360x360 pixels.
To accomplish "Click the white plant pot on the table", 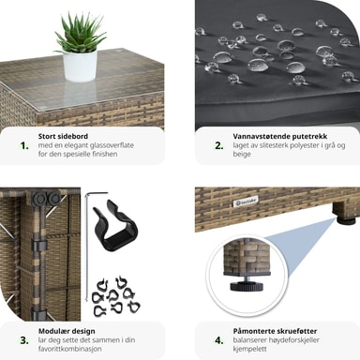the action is coord(80,67).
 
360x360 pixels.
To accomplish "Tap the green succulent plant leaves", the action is coord(79,32).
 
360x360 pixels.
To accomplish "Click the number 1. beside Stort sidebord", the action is coord(24,146).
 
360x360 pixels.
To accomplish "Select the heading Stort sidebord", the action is coord(63,136).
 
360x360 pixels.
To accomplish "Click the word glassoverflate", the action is coord(112,145).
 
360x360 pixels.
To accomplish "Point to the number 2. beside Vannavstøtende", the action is coord(219,146).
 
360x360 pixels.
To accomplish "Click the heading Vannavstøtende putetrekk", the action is coord(280,137).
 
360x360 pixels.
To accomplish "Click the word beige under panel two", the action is coord(242,154).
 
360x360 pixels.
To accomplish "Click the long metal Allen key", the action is coord(87,244).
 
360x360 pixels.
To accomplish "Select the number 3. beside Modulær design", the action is coord(24,340).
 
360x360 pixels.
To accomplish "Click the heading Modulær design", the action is coord(67,331).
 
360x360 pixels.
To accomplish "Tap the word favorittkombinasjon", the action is coord(70,349).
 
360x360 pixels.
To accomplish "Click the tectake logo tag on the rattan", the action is coord(246,202).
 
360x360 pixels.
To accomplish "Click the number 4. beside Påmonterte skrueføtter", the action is coord(219,340).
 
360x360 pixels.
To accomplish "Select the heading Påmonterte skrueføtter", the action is coord(275,331).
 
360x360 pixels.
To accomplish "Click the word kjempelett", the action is coord(250,349).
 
